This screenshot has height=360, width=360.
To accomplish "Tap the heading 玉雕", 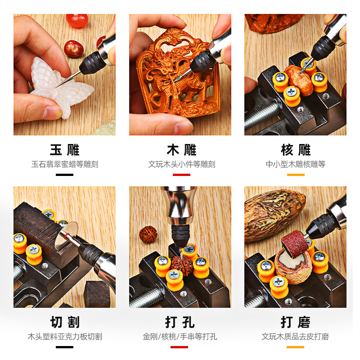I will click(64, 150).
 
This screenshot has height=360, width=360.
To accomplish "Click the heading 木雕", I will click(181, 150).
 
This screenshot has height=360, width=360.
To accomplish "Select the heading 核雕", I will click(296, 150).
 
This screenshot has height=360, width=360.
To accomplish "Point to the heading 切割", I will click(64, 322).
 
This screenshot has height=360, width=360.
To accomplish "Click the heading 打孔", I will click(180, 322).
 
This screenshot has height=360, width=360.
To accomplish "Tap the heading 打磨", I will click(296, 322).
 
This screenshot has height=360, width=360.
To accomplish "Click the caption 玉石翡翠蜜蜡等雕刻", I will click(64, 164).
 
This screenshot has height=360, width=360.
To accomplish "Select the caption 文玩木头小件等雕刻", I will click(181, 164).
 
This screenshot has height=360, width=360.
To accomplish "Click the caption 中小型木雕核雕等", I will click(296, 164).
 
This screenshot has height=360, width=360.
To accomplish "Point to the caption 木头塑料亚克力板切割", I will click(64, 337).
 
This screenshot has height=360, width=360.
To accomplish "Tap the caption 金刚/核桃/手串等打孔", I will click(180, 337).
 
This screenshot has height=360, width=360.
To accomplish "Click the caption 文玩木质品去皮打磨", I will click(296, 337).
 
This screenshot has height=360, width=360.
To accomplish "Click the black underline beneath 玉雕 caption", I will click(64, 175).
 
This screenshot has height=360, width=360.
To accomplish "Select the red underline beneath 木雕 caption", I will click(181, 175).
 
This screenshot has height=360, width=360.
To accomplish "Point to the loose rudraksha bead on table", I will click(148, 234).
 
